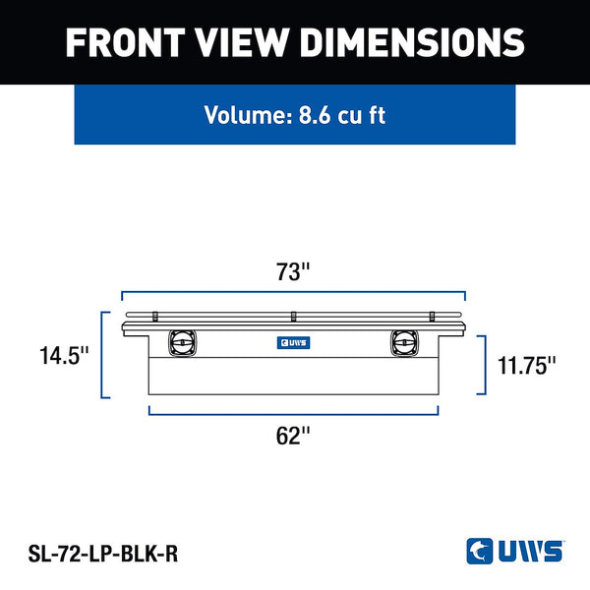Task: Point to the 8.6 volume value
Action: [x=315, y=115]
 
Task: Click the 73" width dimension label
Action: [x=293, y=271]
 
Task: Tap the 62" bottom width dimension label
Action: [x=293, y=436]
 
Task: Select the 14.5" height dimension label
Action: [x=64, y=355]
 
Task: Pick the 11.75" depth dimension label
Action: [x=526, y=365]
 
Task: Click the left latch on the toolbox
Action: [x=182, y=343]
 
